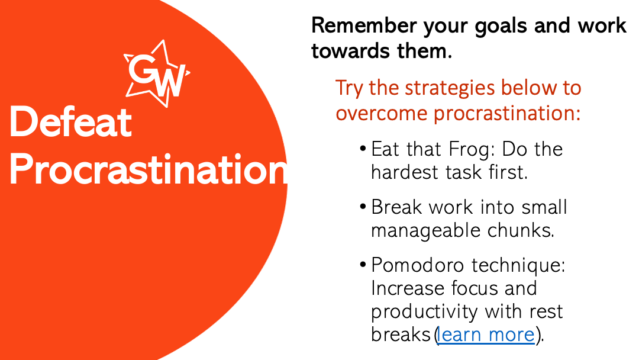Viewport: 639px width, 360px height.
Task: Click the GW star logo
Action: coord(157,74)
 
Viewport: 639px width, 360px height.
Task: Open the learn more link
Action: coord(485,335)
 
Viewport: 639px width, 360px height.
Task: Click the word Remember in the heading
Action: coord(364,25)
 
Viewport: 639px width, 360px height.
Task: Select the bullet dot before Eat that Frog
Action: coord(363,149)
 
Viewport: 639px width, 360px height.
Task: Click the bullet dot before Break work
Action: coord(363,207)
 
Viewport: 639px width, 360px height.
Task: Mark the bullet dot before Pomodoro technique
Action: coord(363,265)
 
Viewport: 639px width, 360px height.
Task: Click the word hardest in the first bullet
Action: coord(406,172)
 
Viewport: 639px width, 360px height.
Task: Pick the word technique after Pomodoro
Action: coord(518,266)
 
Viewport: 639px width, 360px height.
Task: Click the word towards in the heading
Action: coord(346,52)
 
